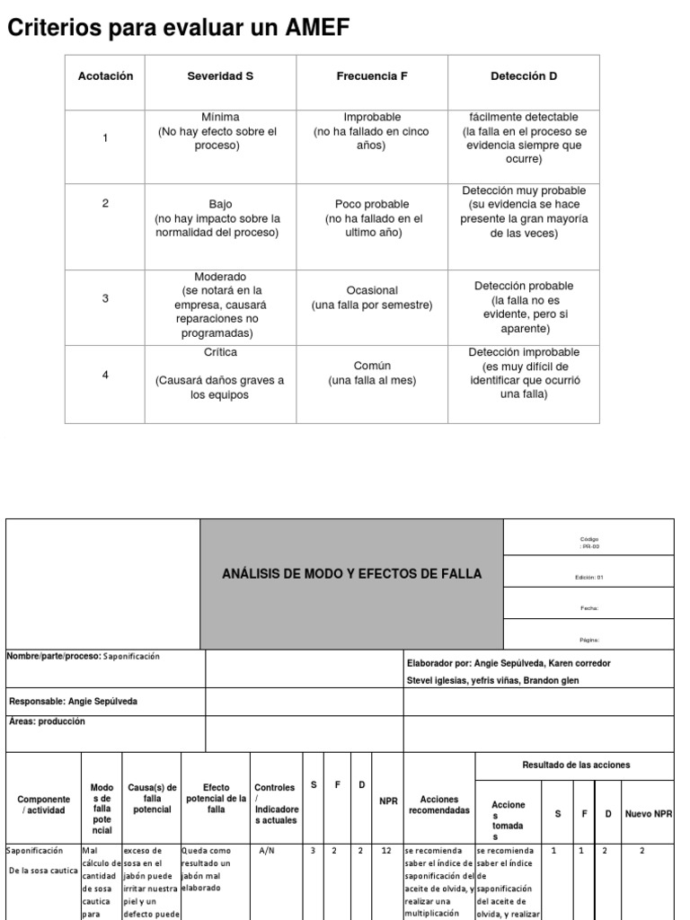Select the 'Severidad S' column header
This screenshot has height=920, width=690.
click(219, 76)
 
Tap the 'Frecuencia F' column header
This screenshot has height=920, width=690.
click(372, 76)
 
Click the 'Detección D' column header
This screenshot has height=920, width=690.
click(524, 76)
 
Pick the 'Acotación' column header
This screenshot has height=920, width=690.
click(105, 76)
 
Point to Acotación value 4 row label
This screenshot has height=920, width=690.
click(105, 375)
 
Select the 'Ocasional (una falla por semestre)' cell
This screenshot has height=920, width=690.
click(372, 297)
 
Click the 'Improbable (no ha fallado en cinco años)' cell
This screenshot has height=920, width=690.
click(372, 131)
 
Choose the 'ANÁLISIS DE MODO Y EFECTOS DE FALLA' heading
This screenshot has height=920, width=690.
click(352, 574)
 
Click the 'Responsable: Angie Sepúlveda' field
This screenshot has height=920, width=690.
click(74, 701)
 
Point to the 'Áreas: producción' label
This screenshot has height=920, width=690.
click(47, 721)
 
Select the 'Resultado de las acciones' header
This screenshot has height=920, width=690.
click(575, 765)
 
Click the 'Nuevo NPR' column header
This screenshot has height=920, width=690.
click(649, 814)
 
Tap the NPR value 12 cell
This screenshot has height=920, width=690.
click(385, 850)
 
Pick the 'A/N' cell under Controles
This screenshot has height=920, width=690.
click(267, 850)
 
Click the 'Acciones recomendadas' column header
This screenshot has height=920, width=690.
click(439, 804)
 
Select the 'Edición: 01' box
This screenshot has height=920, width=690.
click(589, 578)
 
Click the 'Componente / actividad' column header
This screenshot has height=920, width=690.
click(44, 804)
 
